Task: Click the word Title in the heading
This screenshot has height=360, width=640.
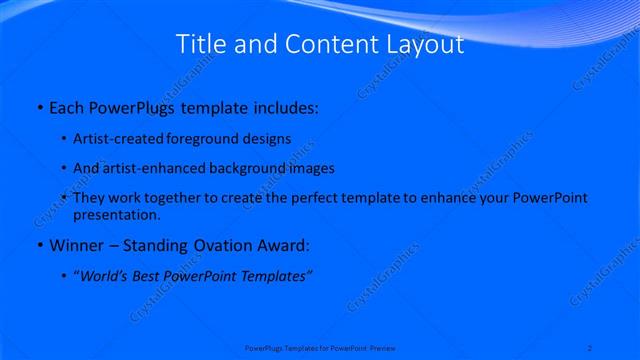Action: tap(200, 44)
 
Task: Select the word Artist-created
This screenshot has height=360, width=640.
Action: tap(125, 139)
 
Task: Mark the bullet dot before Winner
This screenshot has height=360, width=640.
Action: tap(39, 245)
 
